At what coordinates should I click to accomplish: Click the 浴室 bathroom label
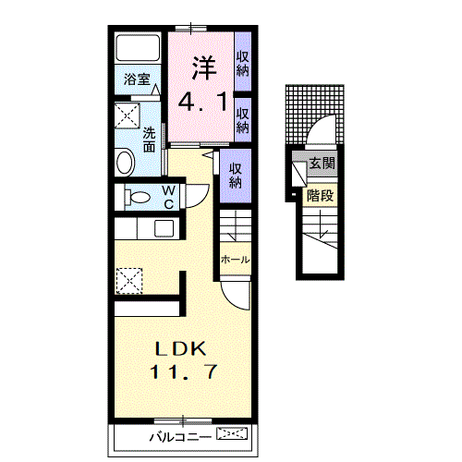tap(137, 79)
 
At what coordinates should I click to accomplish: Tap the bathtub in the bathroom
tap(138, 48)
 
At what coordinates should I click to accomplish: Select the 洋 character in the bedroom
tap(204, 67)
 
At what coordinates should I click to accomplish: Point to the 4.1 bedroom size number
tap(202, 102)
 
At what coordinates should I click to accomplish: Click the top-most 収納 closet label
tap(243, 64)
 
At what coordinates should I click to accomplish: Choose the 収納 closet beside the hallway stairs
tap(236, 176)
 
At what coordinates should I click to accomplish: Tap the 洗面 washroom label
tap(149, 140)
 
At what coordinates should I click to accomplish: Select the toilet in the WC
tap(137, 197)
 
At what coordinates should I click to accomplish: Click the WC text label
tap(168, 198)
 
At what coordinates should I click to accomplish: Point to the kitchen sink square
tap(164, 228)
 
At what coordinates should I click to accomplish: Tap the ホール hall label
tap(235, 260)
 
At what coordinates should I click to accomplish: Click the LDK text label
tap(180, 349)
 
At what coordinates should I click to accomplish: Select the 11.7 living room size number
tap(184, 371)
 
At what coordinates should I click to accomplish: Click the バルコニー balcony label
tap(180, 437)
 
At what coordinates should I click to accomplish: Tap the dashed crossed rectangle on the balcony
tap(232, 433)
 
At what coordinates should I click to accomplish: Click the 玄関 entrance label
tap(322, 164)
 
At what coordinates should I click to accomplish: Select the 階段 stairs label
tap(320, 196)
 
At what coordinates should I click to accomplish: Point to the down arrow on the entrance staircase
tap(322, 224)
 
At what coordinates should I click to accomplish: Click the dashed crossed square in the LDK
tap(129, 281)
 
